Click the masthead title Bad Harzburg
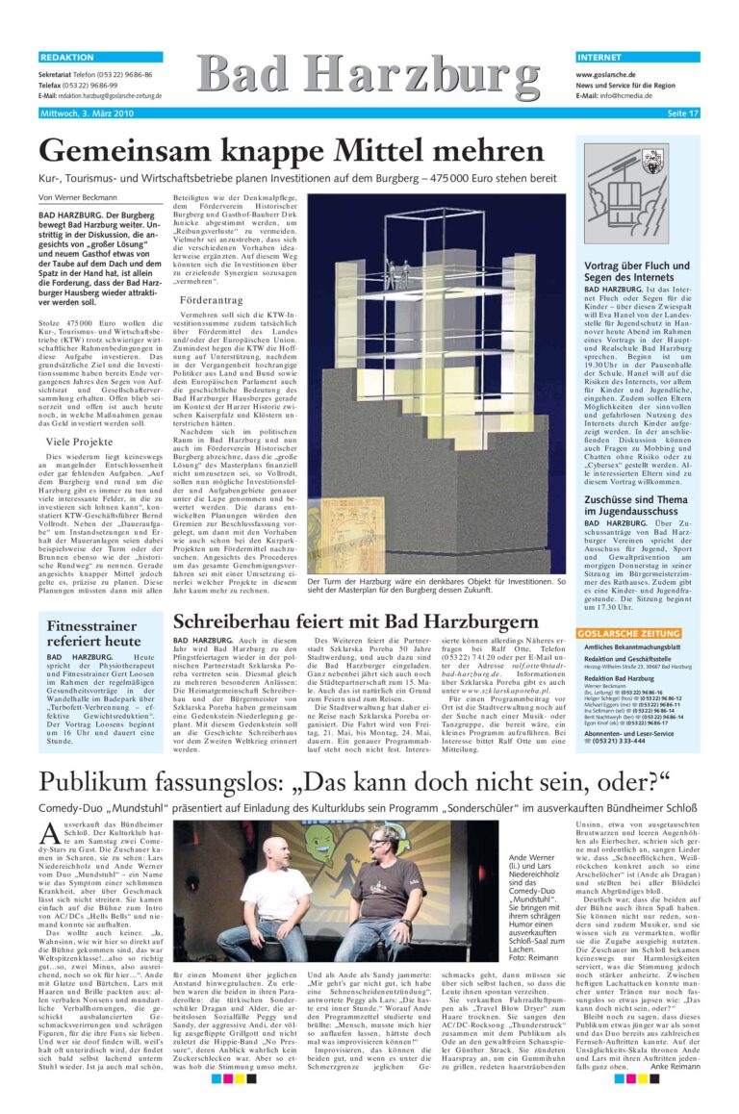[x=369, y=77]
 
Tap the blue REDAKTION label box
[x=100, y=58]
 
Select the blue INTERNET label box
[x=638, y=58]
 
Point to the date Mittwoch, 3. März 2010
[x=87, y=114]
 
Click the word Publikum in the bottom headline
[x=97, y=780]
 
